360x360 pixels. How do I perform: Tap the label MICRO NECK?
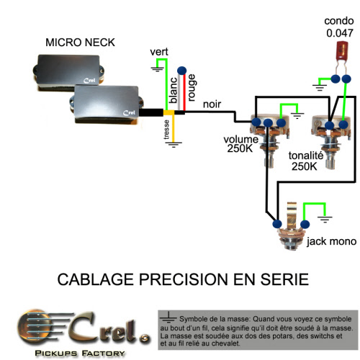(x=80, y=42)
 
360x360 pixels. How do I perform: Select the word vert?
(x=159, y=52)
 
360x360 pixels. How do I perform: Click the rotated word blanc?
(x=174, y=90)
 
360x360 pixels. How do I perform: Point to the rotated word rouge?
(x=192, y=88)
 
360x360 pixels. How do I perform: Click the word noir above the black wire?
(x=212, y=104)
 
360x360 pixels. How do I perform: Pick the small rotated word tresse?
(x=166, y=130)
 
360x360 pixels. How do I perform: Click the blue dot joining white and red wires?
(x=181, y=71)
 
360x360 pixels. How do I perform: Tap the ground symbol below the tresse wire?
(x=174, y=145)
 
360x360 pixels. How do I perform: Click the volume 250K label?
(x=240, y=144)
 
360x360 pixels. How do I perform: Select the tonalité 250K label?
(x=306, y=161)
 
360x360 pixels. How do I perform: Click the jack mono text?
(x=331, y=241)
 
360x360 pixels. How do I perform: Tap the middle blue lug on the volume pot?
(x=268, y=123)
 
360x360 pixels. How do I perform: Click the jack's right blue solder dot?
(x=305, y=224)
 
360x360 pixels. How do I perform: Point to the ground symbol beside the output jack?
(x=325, y=219)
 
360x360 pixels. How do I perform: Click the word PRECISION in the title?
(x=184, y=279)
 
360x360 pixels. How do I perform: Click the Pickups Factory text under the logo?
(x=80, y=354)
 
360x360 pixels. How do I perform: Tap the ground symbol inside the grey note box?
(x=168, y=318)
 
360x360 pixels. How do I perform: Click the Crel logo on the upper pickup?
(x=89, y=81)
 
